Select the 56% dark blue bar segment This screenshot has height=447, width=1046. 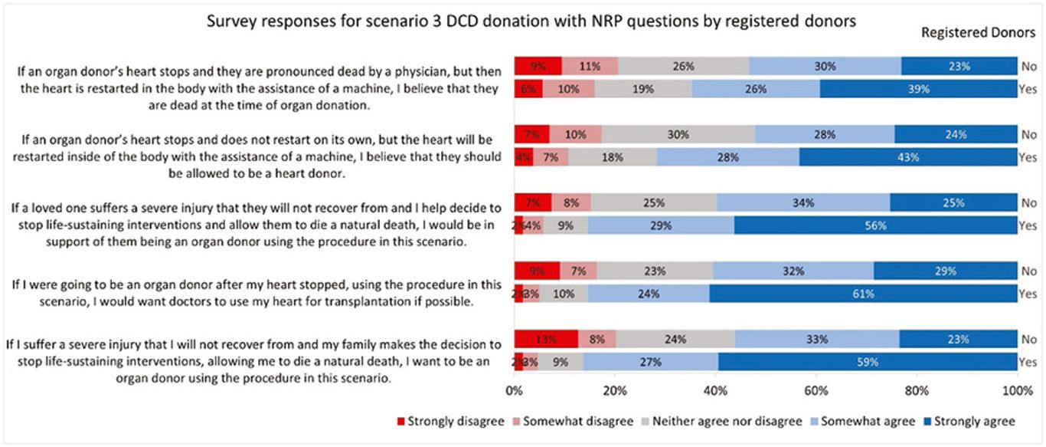(875, 225)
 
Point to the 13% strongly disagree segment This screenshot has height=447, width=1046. (546, 339)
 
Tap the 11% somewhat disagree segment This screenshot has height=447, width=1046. (590, 66)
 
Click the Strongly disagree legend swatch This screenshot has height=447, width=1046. (401, 421)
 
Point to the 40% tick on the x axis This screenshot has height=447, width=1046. (715, 391)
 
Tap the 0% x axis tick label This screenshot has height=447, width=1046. (515, 391)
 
